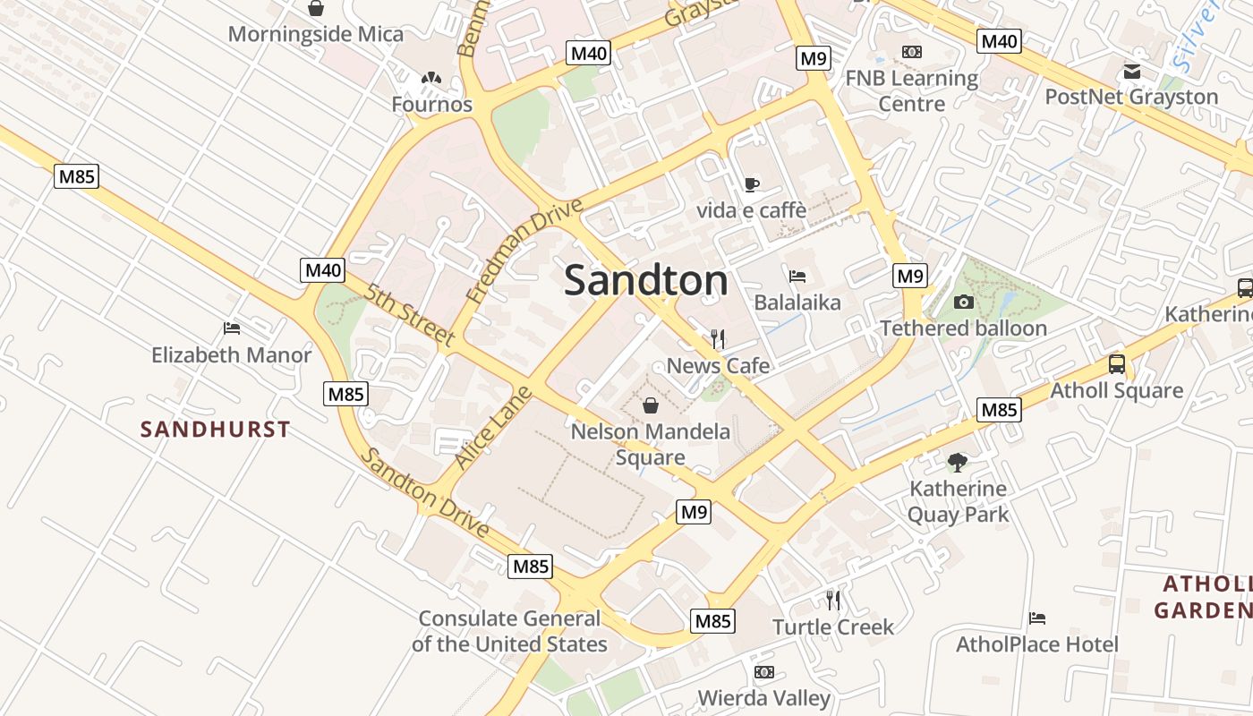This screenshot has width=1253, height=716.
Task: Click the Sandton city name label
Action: point(646,281)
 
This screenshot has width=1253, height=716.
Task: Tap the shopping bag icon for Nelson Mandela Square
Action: point(651,405)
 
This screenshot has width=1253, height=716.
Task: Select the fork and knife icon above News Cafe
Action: point(717,338)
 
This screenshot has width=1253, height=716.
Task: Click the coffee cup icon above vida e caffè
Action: point(751,184)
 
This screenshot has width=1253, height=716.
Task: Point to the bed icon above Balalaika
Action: point(797,276)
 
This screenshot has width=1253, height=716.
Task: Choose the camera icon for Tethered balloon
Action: point(964,302)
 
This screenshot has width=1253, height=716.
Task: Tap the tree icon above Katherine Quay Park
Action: point(958,463)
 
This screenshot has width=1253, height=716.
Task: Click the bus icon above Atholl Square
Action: point(1117,364)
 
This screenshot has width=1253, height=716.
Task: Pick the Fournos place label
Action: point(431,105)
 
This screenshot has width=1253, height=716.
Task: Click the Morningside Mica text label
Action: point(316,35)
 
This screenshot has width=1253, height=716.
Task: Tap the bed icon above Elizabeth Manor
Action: point(232,328)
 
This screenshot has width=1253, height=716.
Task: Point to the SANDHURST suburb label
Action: point(216,430)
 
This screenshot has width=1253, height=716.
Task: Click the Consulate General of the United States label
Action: point(509,631)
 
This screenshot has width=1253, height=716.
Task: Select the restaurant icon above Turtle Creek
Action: point(833,600)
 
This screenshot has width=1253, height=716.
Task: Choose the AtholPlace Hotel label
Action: point(1037,644)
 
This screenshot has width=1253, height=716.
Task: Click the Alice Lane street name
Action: point(493,428)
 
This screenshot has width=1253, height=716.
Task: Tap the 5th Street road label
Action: point(411,314)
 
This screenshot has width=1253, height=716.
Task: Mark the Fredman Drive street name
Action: point(524,251)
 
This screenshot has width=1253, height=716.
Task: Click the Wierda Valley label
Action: point(763,697)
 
